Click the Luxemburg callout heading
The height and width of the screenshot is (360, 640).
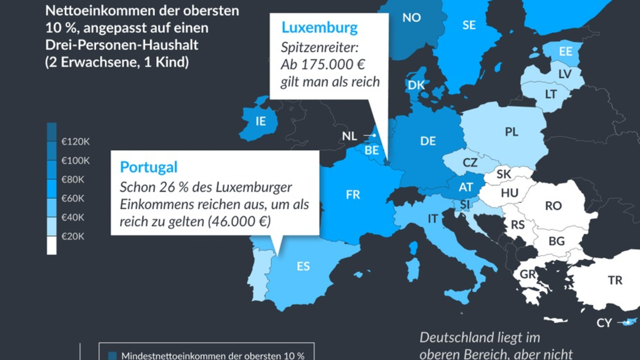319,27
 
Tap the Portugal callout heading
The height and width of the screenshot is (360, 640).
148,167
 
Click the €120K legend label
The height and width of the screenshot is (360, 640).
75,142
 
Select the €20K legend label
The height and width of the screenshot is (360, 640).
73,236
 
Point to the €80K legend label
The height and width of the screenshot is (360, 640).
73,180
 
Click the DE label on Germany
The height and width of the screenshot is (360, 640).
428,141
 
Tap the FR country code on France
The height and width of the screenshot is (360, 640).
353,195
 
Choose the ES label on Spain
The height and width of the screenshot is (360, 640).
303,266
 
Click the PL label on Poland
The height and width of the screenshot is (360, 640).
511,132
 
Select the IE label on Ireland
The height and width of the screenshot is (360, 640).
260,122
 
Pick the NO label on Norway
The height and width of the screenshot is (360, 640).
411,18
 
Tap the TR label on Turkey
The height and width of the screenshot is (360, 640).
614,280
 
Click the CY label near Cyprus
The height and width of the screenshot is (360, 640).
604,323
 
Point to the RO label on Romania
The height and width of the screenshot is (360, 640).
553,205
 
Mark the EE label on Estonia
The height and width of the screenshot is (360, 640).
565,52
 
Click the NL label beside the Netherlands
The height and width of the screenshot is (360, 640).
349,137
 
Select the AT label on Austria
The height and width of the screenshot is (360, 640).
466,187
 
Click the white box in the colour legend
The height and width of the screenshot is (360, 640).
52,246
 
